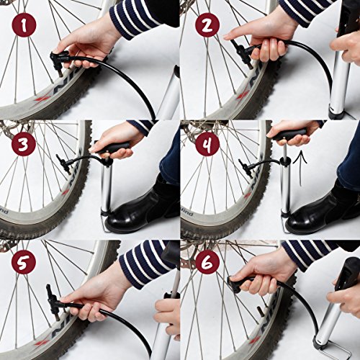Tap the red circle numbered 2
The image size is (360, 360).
click(207, 26)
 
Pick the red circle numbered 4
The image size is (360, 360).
click(207, 145)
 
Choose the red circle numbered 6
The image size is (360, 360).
click(207, 264)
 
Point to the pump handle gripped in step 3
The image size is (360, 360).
click(115, 147)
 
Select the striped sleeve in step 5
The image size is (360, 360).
click(144, 264)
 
